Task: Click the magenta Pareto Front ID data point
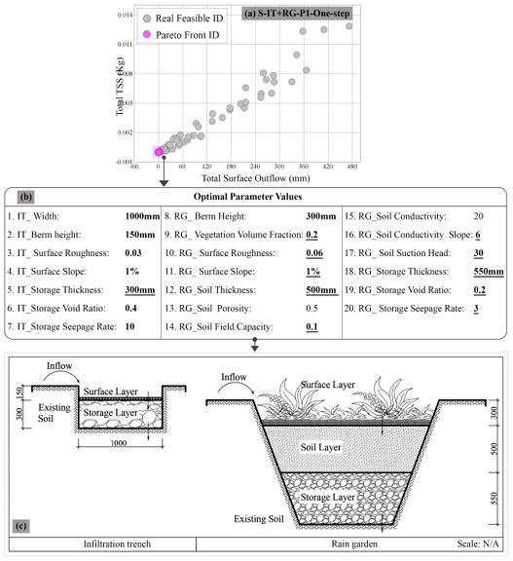[x=159, y=152]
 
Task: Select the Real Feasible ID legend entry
[x=183, y=19]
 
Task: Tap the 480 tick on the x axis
[x=352, y=167]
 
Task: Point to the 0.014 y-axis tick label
[x=125, y=15]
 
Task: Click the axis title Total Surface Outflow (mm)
[x=256, y=178]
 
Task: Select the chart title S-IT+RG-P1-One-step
[x=296, y=14]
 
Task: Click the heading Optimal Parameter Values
[x=248, y=197]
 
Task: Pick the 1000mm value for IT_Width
[x=142, y=216]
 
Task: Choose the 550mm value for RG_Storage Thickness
[x=489, y=272]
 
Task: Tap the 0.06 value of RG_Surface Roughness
[x=314, y=253]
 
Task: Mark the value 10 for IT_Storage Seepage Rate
[x=129, y=326]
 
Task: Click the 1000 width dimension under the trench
[x=119, y=443]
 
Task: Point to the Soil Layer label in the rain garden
[x=320, y=447]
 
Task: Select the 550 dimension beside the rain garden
[x=495, y=498]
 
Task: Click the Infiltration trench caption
[x=117, y=543]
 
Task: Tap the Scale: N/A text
[x=478, y=543]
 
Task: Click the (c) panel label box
[x=21, y=526]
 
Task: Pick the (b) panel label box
[x=25, y=197]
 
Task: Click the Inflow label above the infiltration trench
[x=59, y=365]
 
